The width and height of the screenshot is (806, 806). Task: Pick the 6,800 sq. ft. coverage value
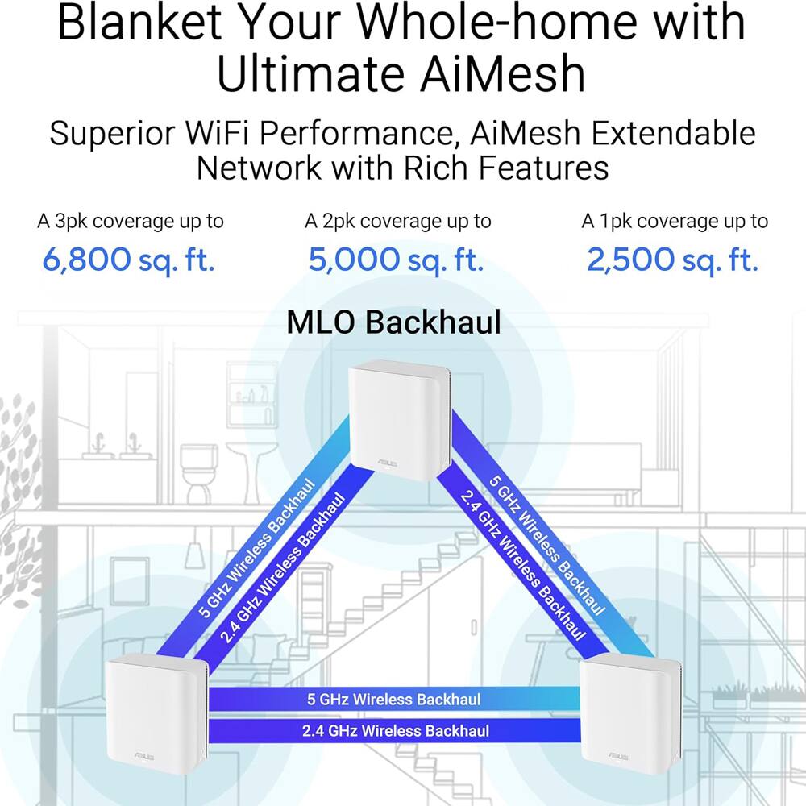(x=130, y=260)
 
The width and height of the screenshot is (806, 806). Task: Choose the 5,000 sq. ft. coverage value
(x=397, y=260)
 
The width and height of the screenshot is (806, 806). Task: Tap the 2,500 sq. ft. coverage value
(x=673, y=260)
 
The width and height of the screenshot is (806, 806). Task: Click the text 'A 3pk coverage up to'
(x=131, y=221)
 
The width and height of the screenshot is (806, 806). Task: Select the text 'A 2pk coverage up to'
(x=397, y=221)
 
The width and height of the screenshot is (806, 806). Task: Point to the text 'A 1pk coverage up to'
(x=675, y=221)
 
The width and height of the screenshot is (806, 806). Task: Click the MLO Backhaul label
(x=394, y=322)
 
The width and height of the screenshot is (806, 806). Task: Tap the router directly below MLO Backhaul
(x=398, y=419)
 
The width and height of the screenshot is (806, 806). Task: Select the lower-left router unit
(x=156, y=713)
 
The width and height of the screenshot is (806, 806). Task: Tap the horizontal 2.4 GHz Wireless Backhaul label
(x=395, y=731)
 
